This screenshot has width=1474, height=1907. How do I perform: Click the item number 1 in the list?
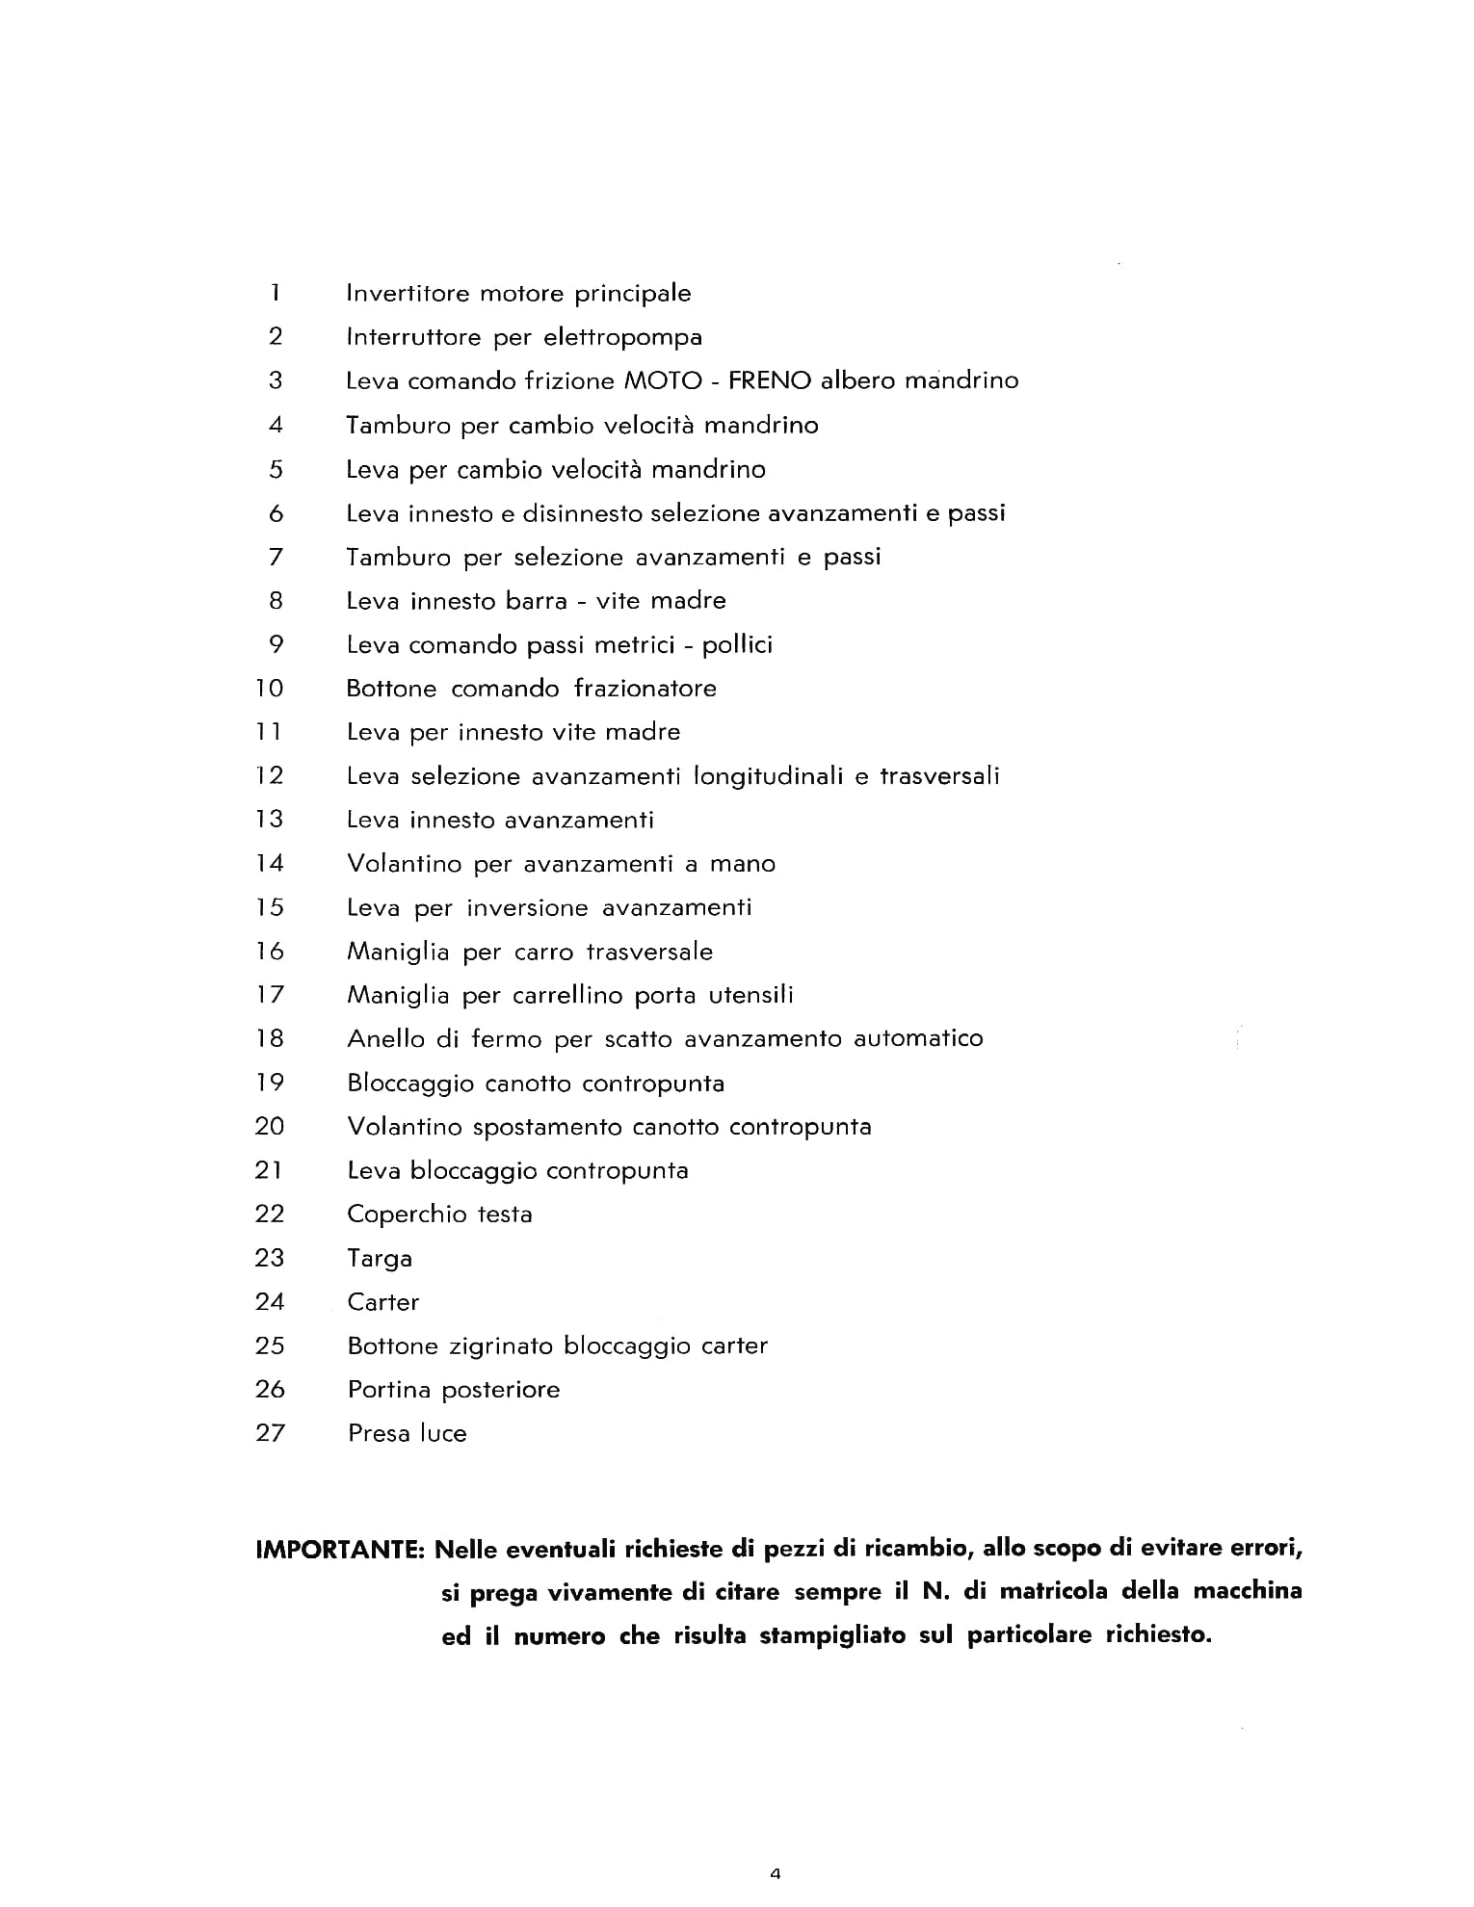[x=276, y=292]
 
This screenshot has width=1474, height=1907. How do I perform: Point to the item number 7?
[x=276, y=557]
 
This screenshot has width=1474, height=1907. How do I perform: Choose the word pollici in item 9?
[x=737, y=645]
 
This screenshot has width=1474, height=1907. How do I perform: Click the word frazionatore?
[x=645, y=689]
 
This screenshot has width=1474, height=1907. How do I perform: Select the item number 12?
[x=270, y=775]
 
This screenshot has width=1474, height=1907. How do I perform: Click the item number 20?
[x=270, y=1126]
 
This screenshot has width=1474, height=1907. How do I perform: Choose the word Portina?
[x=389, y=1390]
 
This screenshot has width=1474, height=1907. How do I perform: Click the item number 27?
[x=270, y=1433]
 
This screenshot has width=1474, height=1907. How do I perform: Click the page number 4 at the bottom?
[x=776, y=1873]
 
